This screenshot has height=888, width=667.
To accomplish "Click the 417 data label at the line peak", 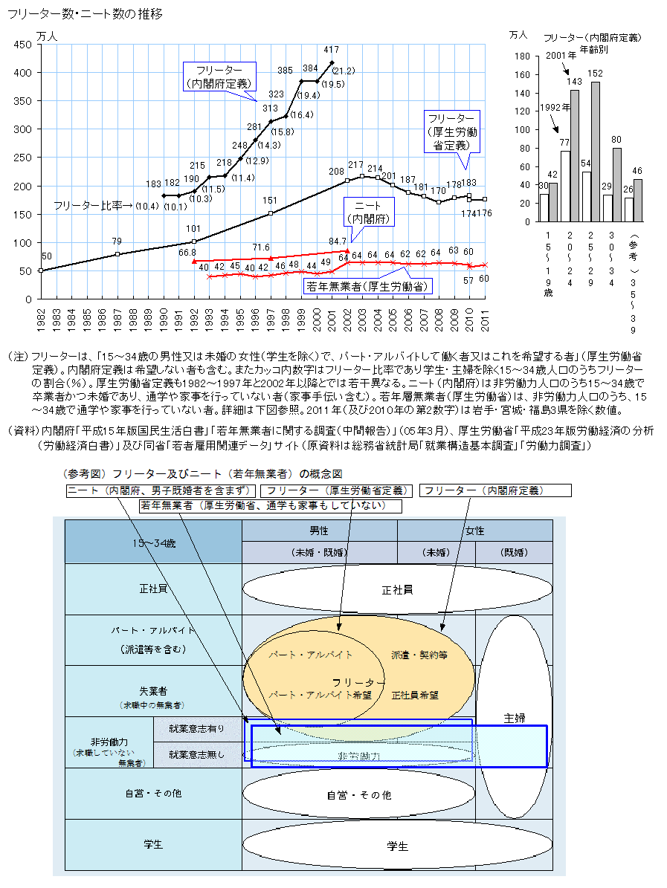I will coord(331,50).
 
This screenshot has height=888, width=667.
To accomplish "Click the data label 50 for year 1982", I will coord(46,256).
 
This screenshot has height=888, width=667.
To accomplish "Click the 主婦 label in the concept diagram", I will coord(515,718).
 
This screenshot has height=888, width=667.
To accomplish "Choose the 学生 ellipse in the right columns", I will coord(397,846).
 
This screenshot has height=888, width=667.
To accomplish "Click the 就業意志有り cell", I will coord(196,729).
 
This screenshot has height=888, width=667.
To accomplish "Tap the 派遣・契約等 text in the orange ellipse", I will coord(419,655).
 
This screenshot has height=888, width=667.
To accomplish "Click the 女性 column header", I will coord(474,531).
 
